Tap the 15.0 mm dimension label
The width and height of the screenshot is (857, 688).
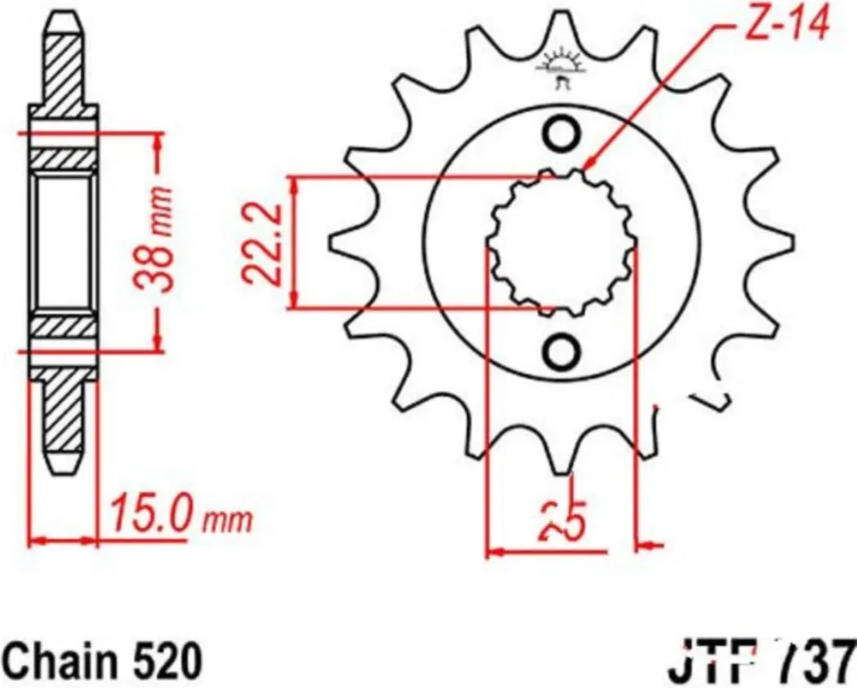178,517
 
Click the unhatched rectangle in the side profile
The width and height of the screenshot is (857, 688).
63,242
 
